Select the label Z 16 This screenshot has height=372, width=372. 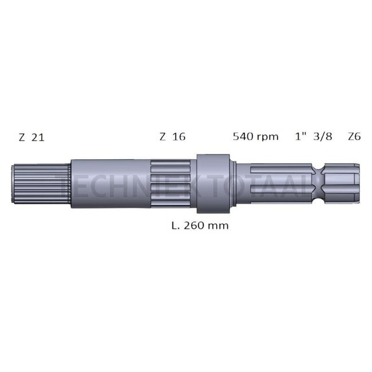172,137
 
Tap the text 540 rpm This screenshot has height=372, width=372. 255,137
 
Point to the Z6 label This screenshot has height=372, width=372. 354,137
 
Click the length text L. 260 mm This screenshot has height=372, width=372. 200,225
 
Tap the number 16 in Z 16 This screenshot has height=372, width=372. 179,137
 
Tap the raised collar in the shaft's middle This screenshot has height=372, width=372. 213,179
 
